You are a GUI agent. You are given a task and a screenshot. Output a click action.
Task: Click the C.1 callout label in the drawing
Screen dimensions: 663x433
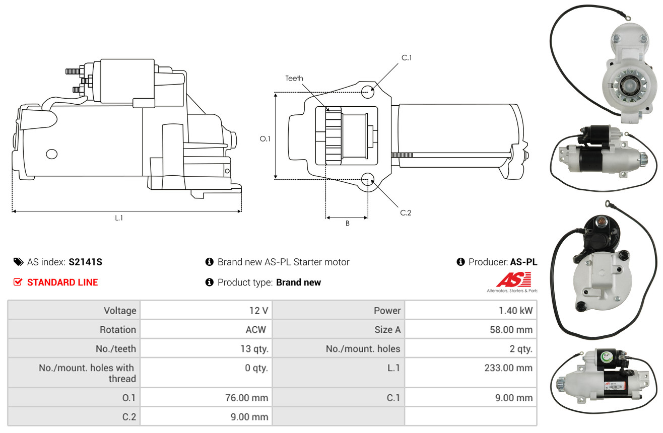click(407, 58)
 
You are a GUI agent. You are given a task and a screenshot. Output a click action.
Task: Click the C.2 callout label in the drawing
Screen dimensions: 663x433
click(406, 212)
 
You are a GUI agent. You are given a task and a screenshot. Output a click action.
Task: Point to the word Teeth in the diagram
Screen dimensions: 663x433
click(294, 79)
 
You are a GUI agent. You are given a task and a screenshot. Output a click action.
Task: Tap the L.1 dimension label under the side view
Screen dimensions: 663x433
click(119, 218)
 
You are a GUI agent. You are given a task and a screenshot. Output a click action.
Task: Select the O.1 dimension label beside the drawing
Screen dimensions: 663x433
click(265, 139)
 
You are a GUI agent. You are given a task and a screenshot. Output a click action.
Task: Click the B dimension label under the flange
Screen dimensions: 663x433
click(348, 224)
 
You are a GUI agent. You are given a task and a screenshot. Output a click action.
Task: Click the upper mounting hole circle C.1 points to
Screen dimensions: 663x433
click(368, 92)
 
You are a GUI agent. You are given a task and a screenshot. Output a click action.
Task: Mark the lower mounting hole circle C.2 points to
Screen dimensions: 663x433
click(368, 179)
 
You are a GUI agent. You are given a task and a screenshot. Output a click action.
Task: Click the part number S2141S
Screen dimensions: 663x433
click(85, 262)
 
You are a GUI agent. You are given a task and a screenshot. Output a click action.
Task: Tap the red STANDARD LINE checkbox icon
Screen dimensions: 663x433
click(18, 282)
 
